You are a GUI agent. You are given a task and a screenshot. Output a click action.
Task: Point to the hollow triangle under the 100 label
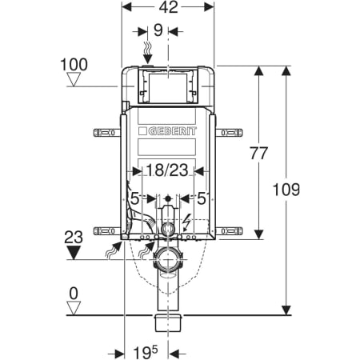75,79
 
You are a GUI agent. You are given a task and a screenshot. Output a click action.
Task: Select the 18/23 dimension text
167,170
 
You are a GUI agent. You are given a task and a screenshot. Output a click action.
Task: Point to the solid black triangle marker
75,253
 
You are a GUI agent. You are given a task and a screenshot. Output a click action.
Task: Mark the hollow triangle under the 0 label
75,307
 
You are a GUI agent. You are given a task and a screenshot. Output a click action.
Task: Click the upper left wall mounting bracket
106,130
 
